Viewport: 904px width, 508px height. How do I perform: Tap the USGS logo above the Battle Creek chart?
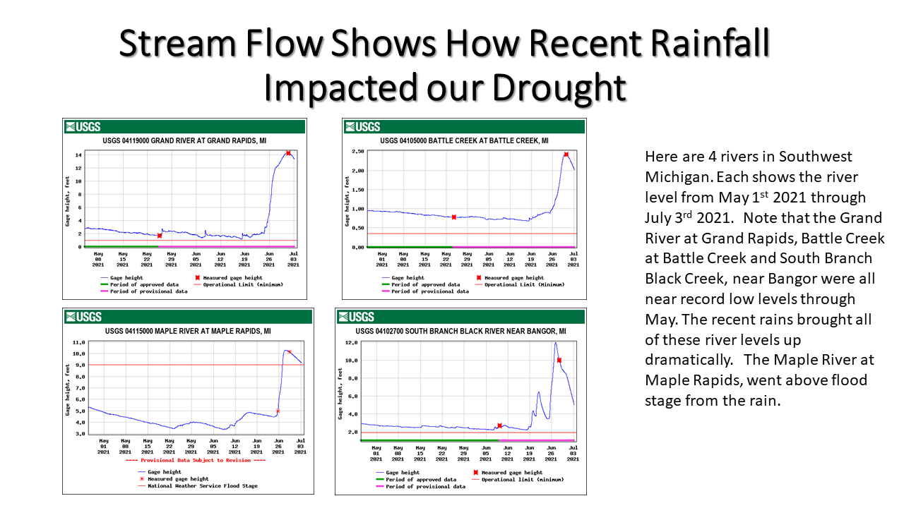[x=362, y=127]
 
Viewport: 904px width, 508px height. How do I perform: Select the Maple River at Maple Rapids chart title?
[x=188, y=331]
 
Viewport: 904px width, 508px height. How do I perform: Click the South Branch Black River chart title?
[x=460, y=331]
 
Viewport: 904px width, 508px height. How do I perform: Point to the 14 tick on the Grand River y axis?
[x=78, y=155]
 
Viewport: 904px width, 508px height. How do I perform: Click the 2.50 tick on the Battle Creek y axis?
[x=357, y=152]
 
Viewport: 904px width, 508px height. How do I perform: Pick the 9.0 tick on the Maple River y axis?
[x=79, y=365]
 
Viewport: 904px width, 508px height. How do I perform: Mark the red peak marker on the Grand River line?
[x=288, y=153]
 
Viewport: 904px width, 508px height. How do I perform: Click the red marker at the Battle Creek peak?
[x=566, y=155]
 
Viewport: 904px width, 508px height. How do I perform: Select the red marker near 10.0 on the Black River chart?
[x=559, y=361]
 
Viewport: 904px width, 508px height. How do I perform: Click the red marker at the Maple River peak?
[x=290, y=352]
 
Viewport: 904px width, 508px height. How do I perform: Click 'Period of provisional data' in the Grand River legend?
[x=154, y=291]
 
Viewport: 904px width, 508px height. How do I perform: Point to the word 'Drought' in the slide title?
[x=558, y=88]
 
